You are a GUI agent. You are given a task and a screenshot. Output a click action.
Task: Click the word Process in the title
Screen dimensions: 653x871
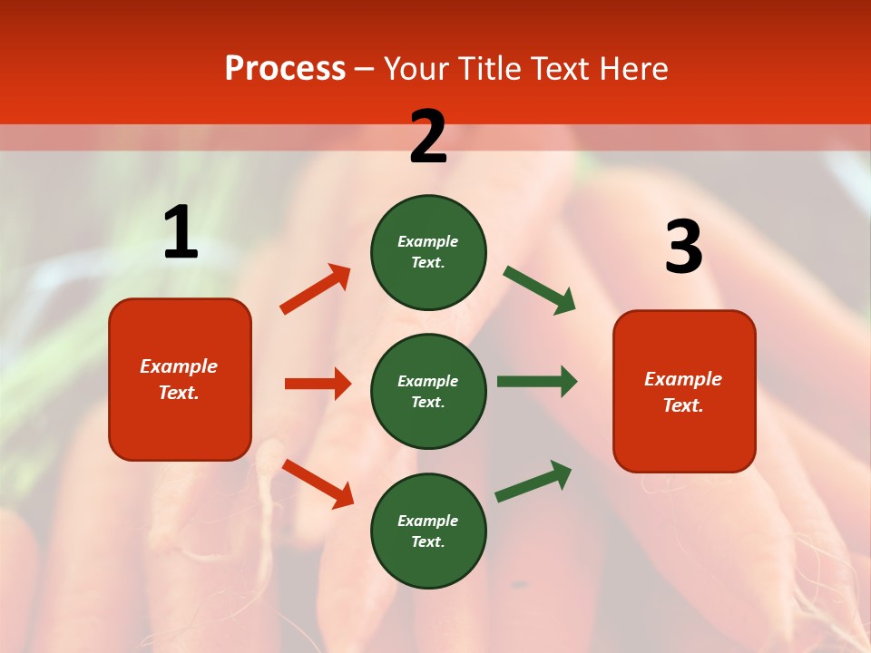[x=285, y=69]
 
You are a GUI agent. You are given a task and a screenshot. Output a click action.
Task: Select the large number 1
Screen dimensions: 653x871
[x=181, y=233]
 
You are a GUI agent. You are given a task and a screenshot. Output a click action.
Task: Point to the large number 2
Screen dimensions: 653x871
[x=428, y=137]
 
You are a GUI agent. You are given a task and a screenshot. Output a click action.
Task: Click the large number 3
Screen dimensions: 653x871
[x=683, y=248]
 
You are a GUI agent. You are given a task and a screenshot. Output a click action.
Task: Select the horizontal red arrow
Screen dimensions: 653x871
[x=318, y=384]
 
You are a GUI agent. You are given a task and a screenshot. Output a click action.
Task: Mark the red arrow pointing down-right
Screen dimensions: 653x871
[x=318, y=483]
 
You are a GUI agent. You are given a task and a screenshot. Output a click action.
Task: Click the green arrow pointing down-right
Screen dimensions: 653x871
[x=539, y=289]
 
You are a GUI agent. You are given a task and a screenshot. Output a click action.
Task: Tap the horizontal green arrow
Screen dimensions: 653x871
[x=537, y=382]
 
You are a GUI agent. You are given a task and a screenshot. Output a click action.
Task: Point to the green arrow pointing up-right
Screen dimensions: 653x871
[x=533, y=481]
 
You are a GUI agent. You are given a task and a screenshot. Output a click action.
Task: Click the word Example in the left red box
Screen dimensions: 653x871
[x=179, y=366]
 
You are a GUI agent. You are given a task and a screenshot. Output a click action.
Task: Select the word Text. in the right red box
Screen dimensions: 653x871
[x=683, y=405]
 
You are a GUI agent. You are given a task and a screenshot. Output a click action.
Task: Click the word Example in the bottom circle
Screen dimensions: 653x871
[x=428, y=521]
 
